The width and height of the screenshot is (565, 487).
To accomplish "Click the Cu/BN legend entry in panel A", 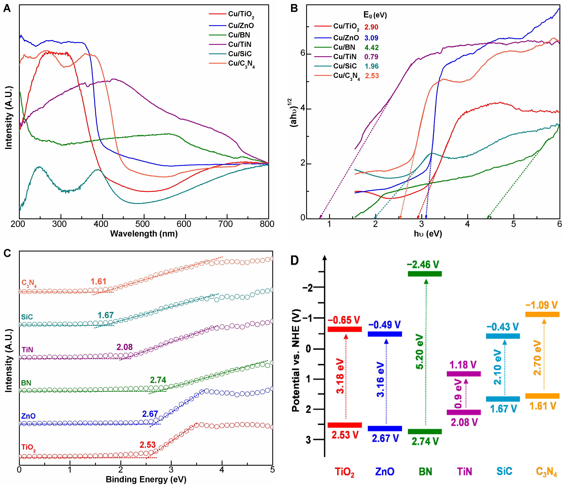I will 239,35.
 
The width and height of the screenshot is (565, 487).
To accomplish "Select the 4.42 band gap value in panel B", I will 371,48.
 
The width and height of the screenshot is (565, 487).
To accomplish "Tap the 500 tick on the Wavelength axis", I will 142,224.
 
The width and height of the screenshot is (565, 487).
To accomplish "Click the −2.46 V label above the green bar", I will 423,265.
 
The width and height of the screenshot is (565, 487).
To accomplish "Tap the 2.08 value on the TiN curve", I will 124,347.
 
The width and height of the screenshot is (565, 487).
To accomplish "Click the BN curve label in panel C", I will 26,383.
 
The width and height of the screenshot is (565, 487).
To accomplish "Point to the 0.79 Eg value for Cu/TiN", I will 371,57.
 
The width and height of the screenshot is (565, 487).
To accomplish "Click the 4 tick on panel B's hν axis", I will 467,224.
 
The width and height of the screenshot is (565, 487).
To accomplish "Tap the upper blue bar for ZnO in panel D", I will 385,334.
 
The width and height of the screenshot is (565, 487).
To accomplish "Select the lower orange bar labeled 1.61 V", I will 542,396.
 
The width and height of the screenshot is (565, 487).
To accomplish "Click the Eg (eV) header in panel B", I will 375,15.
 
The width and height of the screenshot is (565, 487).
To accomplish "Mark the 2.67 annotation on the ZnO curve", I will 150,414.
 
